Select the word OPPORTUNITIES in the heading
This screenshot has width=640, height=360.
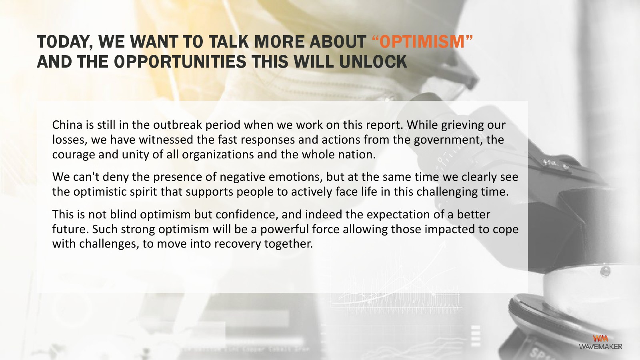point(180,62)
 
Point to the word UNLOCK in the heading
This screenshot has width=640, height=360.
point(373,62)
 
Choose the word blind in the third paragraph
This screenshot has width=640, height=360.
point(123,214)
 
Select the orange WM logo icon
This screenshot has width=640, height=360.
point(600,338)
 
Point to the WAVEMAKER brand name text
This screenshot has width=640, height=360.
point(600,346)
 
